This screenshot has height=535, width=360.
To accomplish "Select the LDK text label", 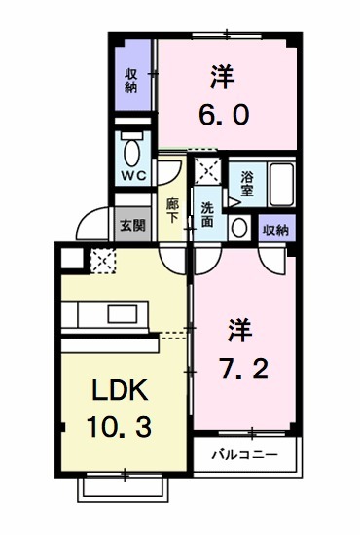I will tap(120, 390).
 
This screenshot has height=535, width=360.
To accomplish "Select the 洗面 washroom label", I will tap(207, 214).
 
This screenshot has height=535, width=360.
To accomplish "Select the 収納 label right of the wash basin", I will tap(276, 230).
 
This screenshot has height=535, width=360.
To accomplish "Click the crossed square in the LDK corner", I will tap(101, 261).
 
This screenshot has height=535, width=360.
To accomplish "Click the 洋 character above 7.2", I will tap(239, 329).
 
